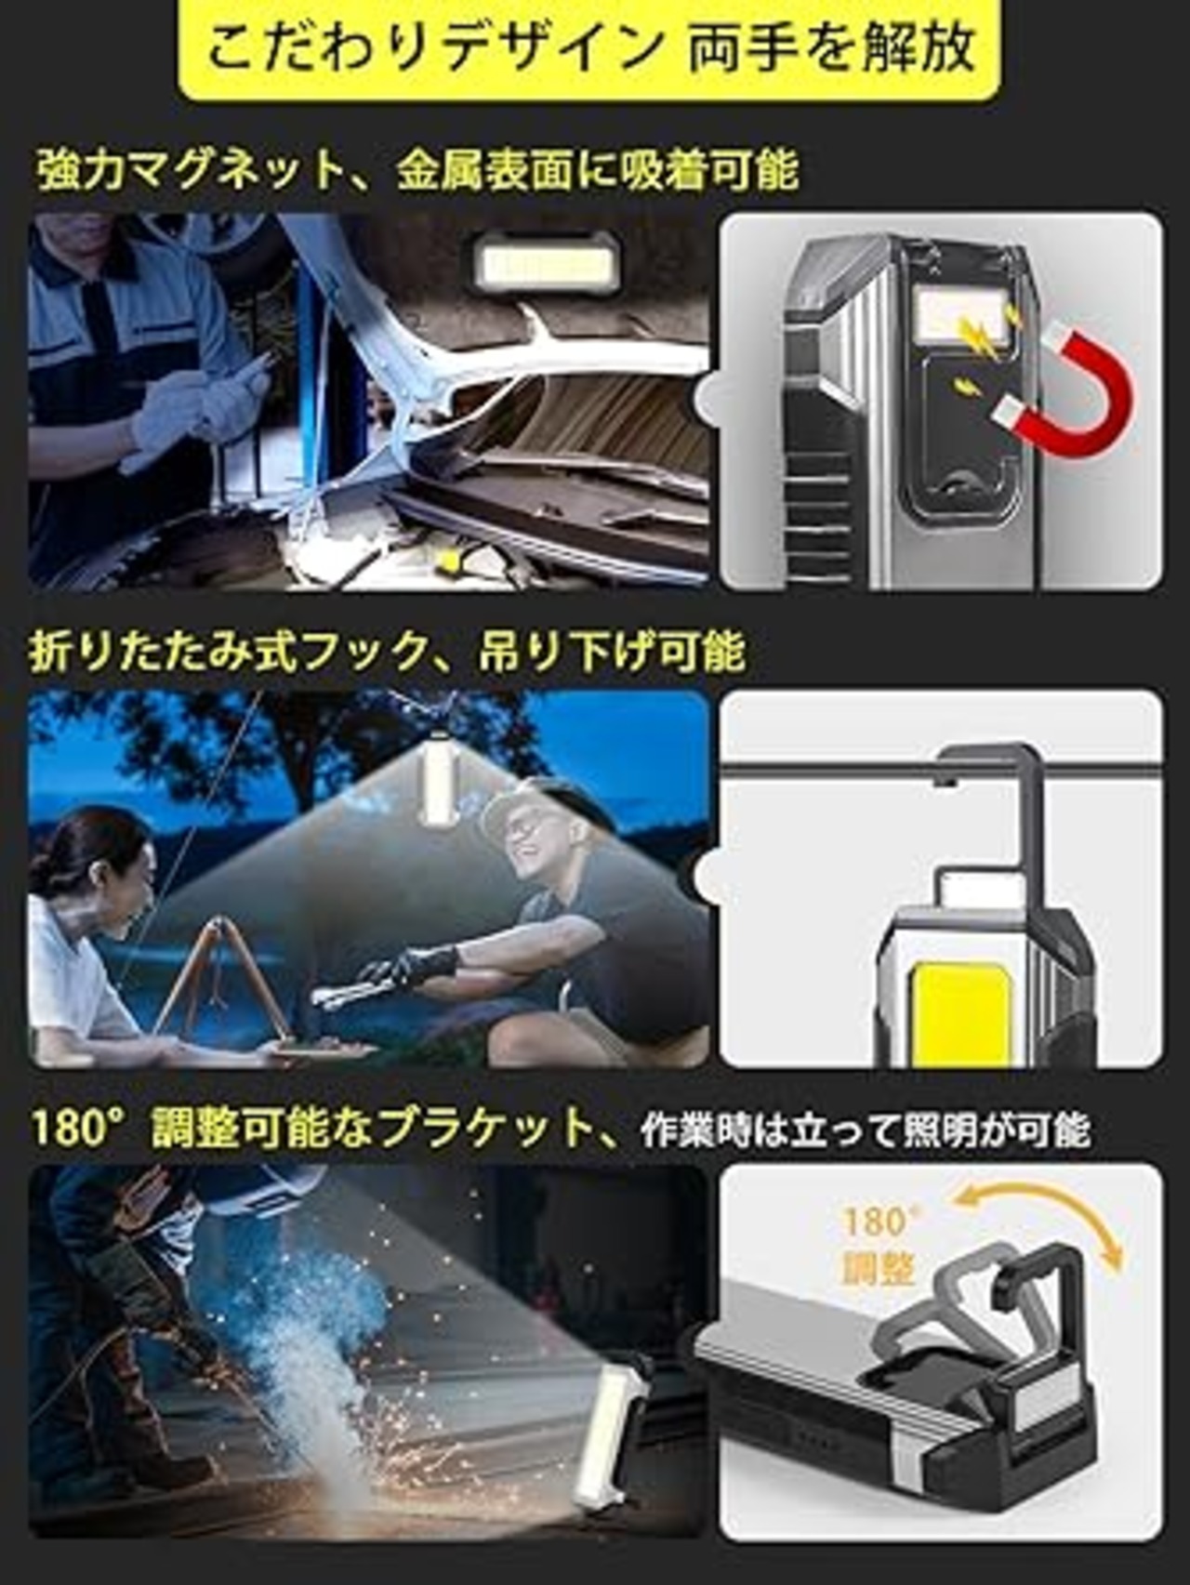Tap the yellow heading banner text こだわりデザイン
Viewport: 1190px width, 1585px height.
(x=433, y=47)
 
